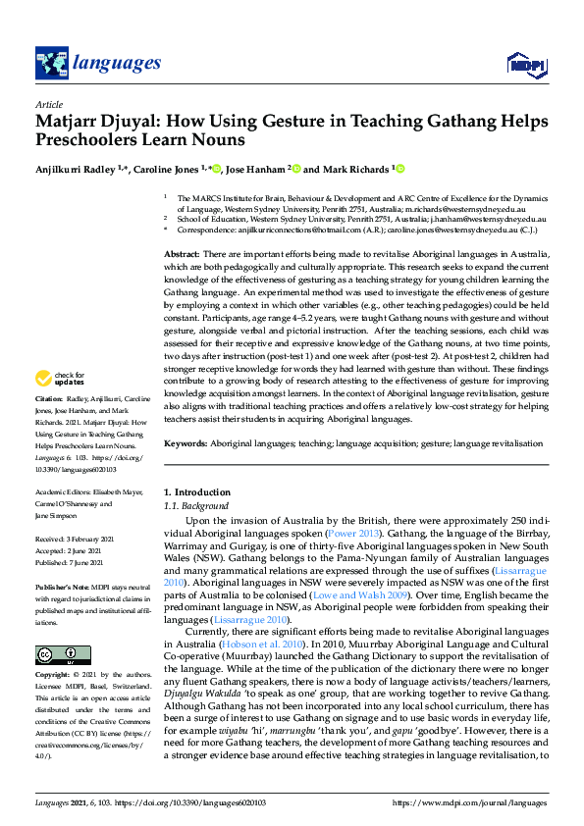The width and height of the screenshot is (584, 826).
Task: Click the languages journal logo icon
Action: [x=50, y=64]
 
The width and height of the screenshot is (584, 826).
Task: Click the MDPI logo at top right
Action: [x=524, y=65]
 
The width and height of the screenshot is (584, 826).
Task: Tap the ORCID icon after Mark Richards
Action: [x=400, y=169]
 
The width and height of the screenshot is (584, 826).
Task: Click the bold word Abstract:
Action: [x=182, y=254]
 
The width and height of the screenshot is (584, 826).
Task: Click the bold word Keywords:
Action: [x=185, y=443]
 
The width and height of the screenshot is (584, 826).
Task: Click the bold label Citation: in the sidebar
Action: [x=49, y=428]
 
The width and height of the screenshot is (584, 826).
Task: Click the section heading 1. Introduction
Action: [x=197, y=490]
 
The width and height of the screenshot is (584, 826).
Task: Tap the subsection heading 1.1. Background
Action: [x=195, y=505]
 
